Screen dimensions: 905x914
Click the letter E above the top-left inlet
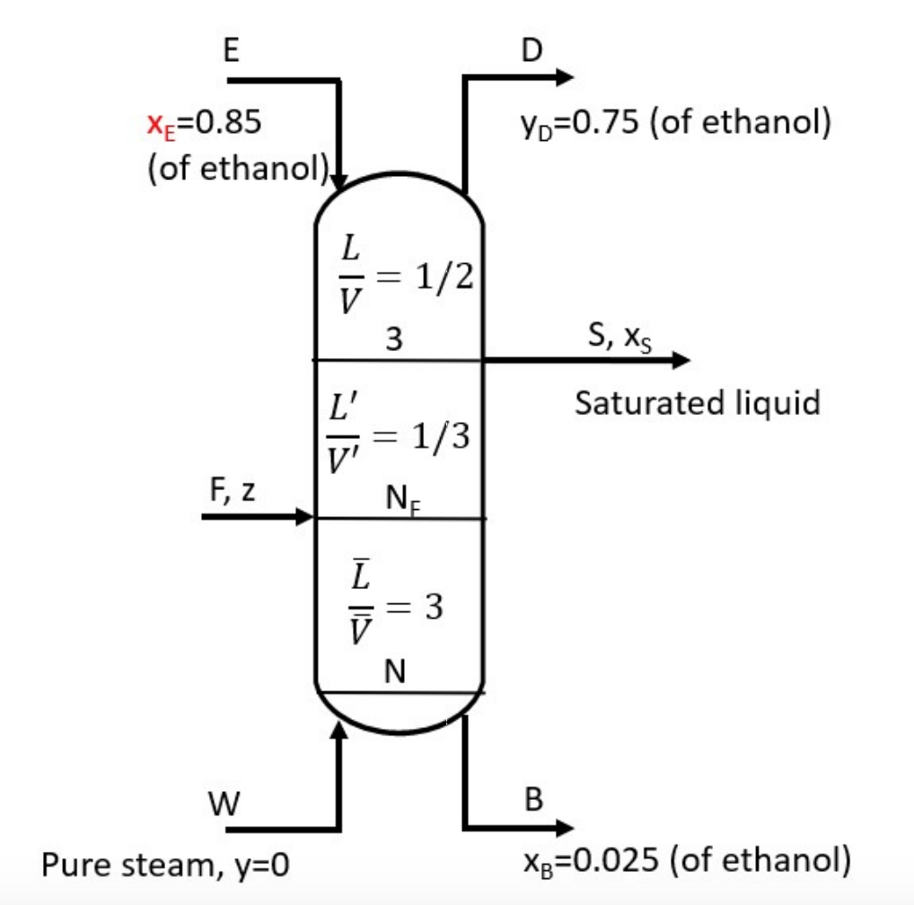231,50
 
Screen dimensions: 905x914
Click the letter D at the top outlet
532,50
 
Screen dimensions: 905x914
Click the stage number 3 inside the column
393,339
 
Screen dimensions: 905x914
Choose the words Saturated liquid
698,403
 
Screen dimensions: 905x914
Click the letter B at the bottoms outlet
533,800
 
